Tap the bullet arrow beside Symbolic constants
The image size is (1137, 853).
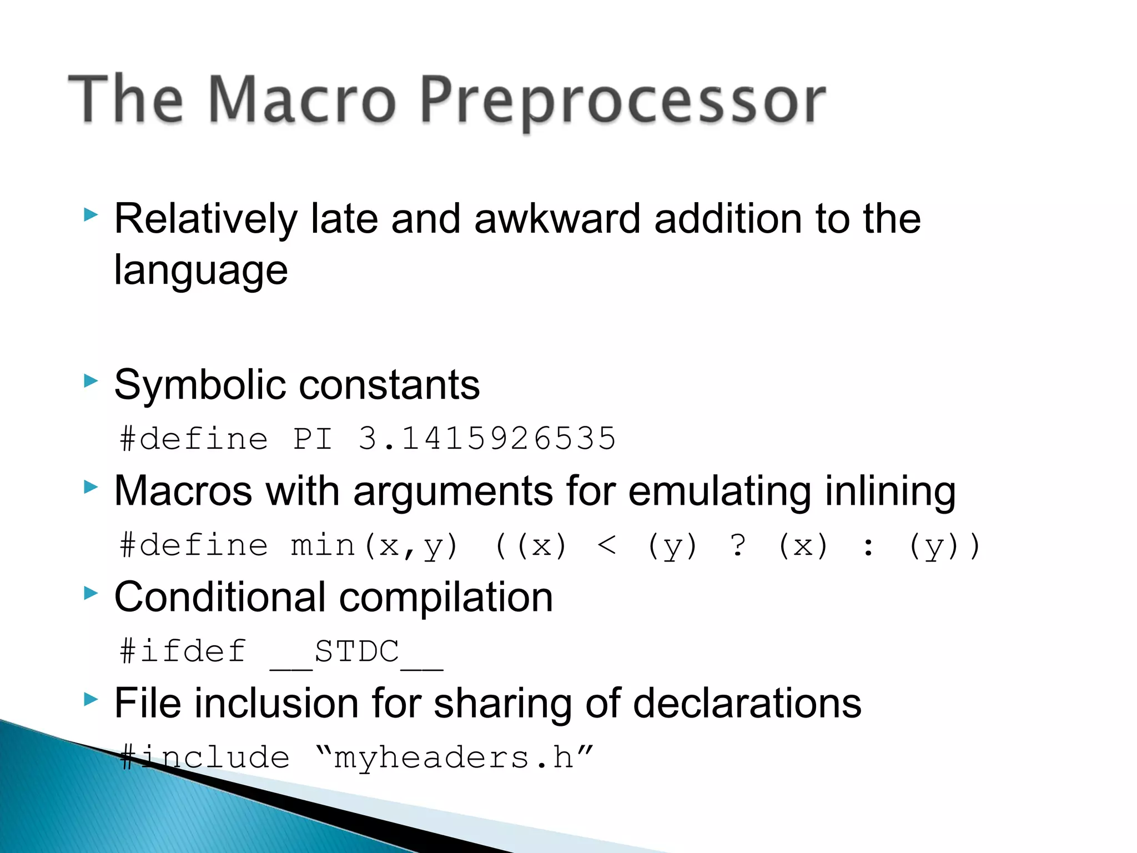90,381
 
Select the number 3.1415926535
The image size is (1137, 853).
487,439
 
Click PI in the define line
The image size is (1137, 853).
313,439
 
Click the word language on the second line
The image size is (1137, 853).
201,270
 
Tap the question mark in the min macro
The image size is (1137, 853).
738,545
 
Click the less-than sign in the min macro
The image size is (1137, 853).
607,545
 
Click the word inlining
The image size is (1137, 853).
890,491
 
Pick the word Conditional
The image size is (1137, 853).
220,598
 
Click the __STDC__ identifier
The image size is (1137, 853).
356,652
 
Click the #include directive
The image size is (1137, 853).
205,758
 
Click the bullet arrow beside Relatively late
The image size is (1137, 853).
90,214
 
